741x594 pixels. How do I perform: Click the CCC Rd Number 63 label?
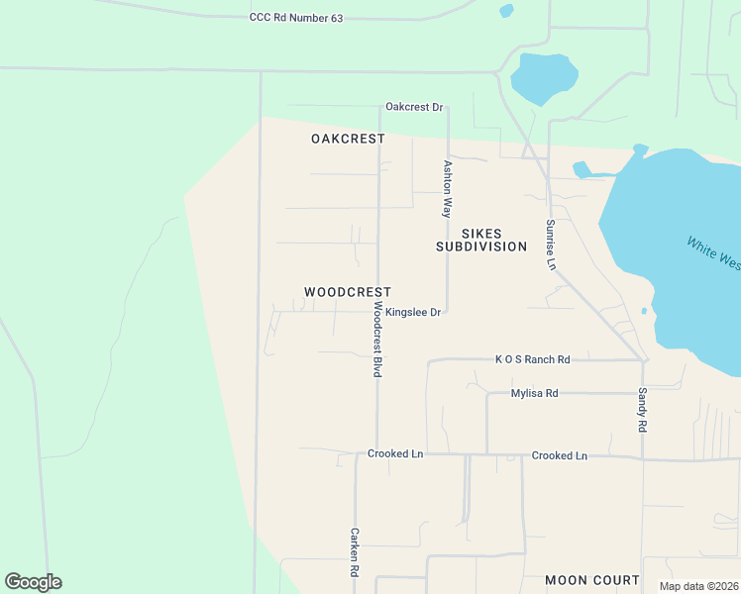point(295,18)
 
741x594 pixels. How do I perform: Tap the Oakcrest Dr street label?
point(414,107)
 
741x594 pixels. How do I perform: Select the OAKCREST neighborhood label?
point(348,139)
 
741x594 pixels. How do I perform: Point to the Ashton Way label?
point(448,189)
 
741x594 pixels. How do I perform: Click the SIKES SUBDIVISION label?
point(481,240)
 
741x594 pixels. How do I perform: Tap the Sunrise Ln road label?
point(551,245)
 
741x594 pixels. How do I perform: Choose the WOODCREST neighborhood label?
point(347,292)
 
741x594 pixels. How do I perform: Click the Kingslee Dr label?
point(412,312)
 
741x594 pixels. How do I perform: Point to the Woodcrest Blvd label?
point(377,340)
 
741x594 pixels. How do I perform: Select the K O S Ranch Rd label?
point(533,359)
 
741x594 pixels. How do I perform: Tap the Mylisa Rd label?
point(534,393)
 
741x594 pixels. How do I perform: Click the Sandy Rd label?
point(642,408)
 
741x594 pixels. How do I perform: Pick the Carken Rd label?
point(354,551)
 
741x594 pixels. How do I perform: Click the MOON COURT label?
point(591,579)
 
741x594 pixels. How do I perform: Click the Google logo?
point(33,582)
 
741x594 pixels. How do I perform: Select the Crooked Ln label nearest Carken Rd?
point(395,453)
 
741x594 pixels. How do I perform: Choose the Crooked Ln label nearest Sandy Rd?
point(559,455)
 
